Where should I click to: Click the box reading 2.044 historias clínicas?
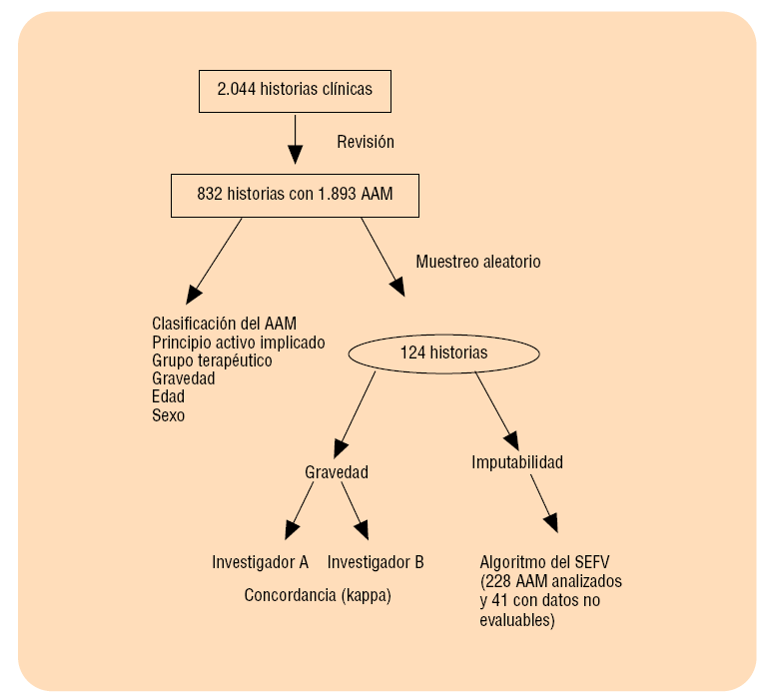tap(295, 90)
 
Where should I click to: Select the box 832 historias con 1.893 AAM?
tap(295, 195)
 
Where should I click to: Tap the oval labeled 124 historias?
tap(443, 352)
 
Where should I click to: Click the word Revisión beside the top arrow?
tap(365, 142)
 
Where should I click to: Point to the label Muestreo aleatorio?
tap(477, 262)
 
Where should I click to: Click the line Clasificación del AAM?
tap(224, 324)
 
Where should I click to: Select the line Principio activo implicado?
tap(238, 343)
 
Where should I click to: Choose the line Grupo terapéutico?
tap(212, 360)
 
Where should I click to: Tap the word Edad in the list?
tap(168, 397)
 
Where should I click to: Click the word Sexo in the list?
tap(168, 415)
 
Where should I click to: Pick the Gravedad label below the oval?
tap(336, 472)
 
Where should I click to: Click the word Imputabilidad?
tap(517, 462)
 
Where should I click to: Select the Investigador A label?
tap(260, 562)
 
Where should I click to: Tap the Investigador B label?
tap(376, 562)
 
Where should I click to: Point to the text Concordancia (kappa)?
tap(318, 595)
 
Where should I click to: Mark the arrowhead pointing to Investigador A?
tap(292, 530)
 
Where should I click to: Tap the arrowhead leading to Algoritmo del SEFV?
tap(550, 523)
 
